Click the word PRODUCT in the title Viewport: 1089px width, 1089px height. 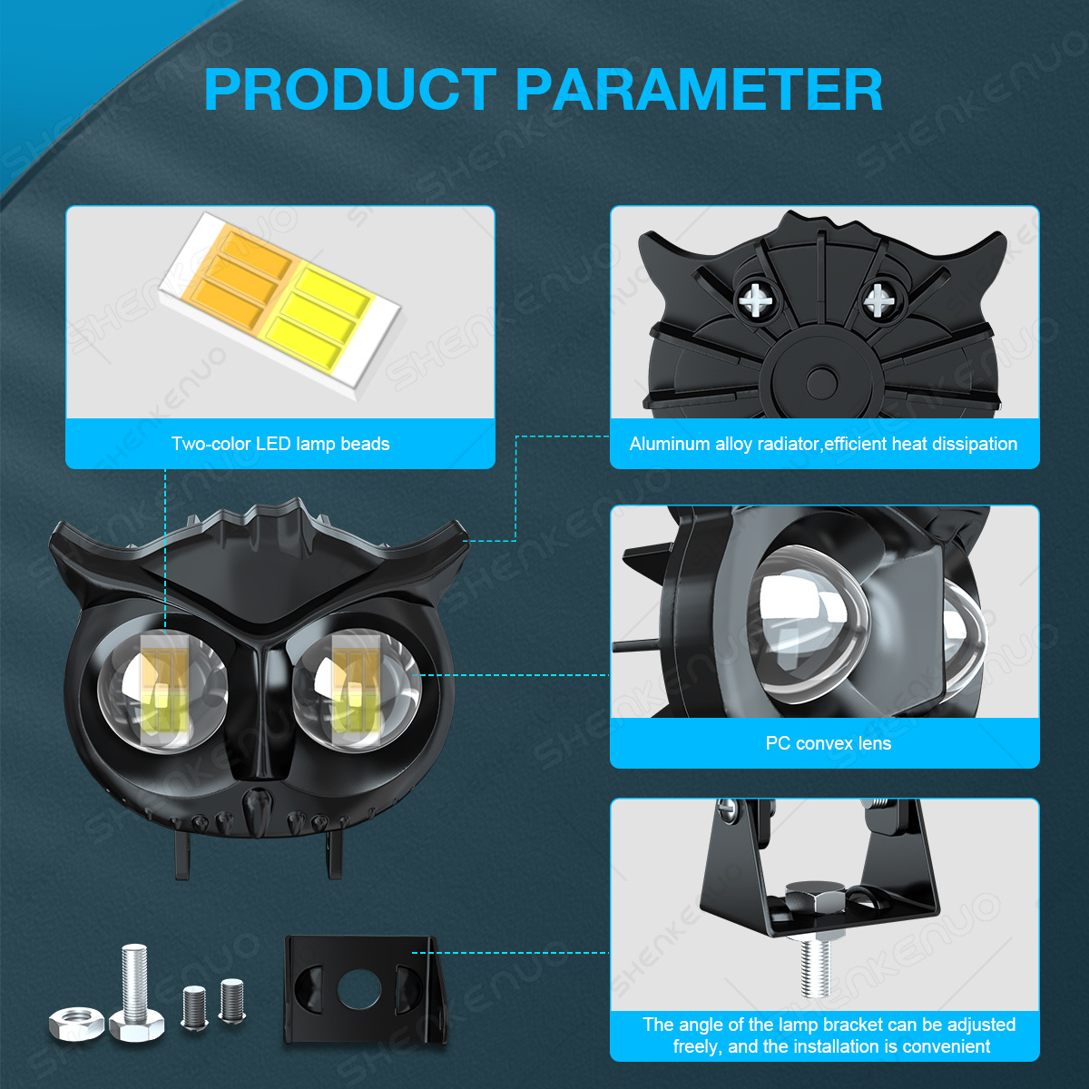tap(350, 89)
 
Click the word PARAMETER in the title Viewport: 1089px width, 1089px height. tap(699, 89)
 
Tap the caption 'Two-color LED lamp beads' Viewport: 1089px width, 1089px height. tap(280, 444)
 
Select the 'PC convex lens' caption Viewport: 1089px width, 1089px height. tap(828, 743)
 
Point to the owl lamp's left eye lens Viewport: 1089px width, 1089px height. tap(162, 691)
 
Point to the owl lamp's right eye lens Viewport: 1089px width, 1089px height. tap(356, 691)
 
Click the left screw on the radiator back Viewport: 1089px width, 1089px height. tap(756, 300)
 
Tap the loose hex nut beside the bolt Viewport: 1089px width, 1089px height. tap(76, 1022)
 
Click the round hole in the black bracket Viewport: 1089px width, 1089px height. tap(358, 988)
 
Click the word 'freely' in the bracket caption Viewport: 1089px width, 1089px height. tap(697, 1046)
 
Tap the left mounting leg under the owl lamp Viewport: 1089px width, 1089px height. tap(182, 855)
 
